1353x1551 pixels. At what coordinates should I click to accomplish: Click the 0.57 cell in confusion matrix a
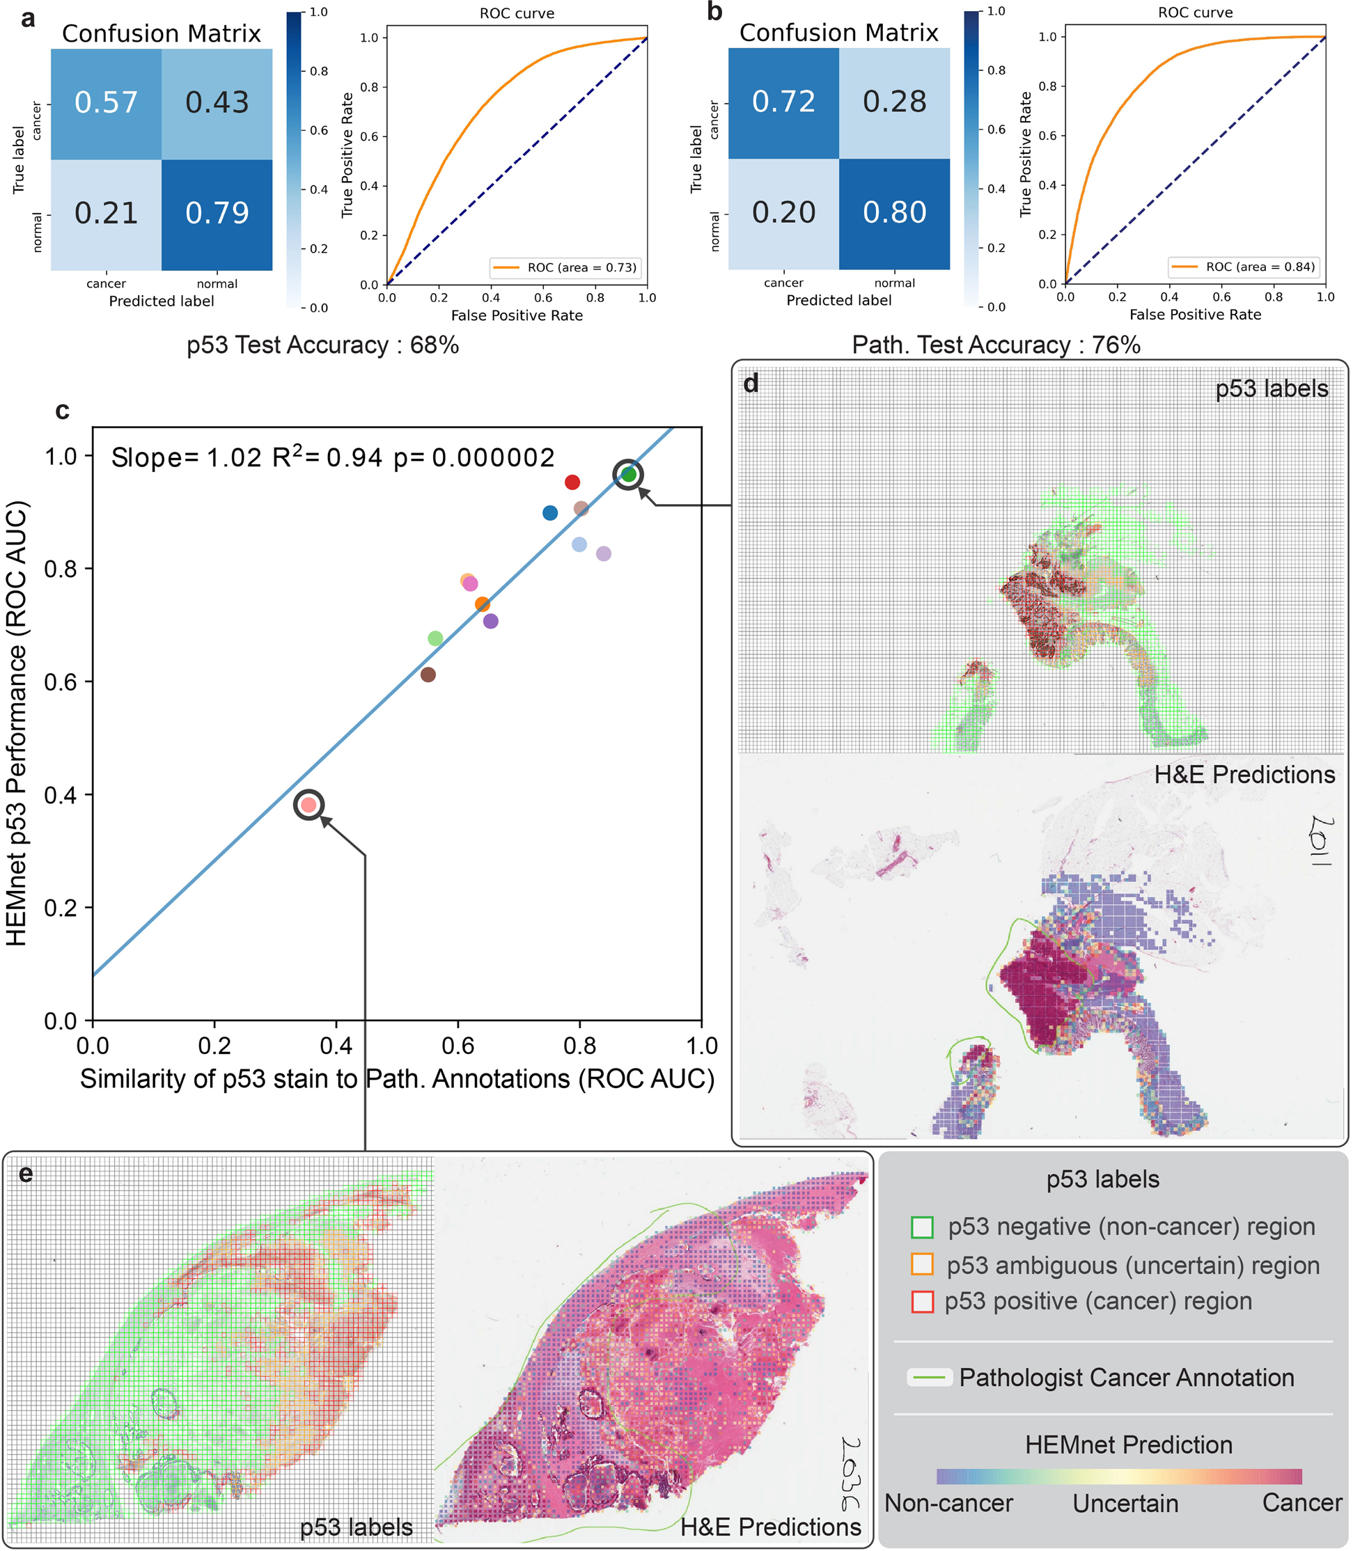click(106, 102)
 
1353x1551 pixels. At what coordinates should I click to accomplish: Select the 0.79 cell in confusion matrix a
click(217, 214)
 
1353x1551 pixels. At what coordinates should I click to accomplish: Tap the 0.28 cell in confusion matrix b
click(894, 102)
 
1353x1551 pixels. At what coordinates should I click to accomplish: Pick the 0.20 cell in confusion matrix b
click(783, 213)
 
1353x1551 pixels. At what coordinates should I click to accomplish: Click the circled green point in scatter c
click(628, 475)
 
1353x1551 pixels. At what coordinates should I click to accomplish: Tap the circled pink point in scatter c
click(308, 805)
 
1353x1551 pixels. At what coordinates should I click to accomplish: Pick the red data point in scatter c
click(572, 482)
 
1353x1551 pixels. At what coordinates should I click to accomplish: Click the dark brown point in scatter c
click(428, 675)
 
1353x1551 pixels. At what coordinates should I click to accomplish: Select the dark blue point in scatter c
click(550, 513)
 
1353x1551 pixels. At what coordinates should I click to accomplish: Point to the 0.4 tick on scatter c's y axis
click(60, 795)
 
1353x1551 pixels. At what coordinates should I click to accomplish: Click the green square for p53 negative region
click(922, 1227)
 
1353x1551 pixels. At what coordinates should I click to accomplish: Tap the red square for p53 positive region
click(922, 1302)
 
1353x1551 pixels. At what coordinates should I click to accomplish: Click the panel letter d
click(751, 384)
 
